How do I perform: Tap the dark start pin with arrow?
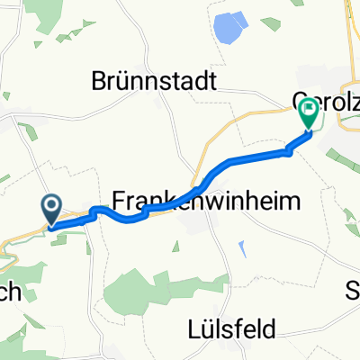click(x=51, y=210)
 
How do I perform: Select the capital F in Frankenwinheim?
click(x=119, y=200)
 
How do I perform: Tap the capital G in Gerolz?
click(x=301, y=99)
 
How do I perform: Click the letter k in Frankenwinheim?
click(x=168, y=200)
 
